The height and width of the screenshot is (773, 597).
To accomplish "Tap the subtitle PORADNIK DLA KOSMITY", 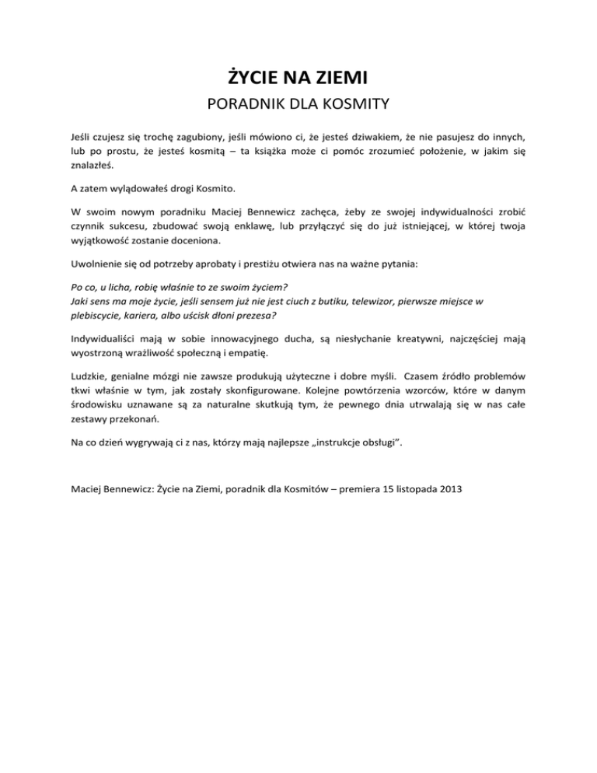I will (x=298, y=104).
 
